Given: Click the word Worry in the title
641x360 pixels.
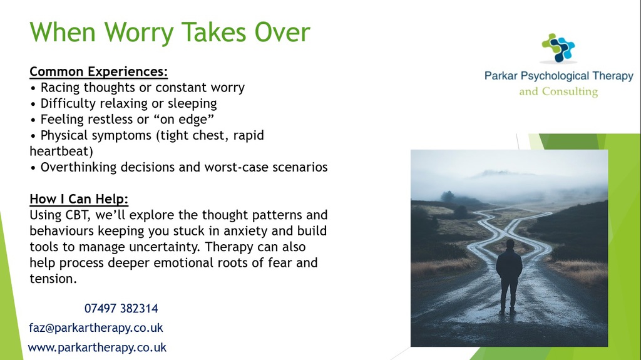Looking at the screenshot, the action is pyautogui.click(x=139, y=33).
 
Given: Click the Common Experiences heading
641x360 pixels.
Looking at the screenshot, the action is pyautogui.click(x=98, y=71).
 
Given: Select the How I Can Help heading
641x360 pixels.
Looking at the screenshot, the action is pyautogui.click(x=79, y=199).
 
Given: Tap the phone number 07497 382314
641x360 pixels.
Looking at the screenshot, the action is pyautogui.click(x=121, y=309).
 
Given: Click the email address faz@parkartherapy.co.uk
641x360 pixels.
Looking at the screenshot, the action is pyautogui.click(x=96, y=327).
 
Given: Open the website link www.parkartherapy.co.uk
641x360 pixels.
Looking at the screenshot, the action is pyautogui.click(x=97, y=347).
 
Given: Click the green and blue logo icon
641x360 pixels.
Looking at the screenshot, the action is pyautogui.click(x=558, y=48).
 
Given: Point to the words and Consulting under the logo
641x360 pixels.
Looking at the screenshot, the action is pyautogui.click(x=558, y=91).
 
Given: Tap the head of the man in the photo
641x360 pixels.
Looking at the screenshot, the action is pyautogui.click(x=510, y=244).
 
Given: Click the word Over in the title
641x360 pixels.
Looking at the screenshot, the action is pyautogui.click(x=282, y=33).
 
